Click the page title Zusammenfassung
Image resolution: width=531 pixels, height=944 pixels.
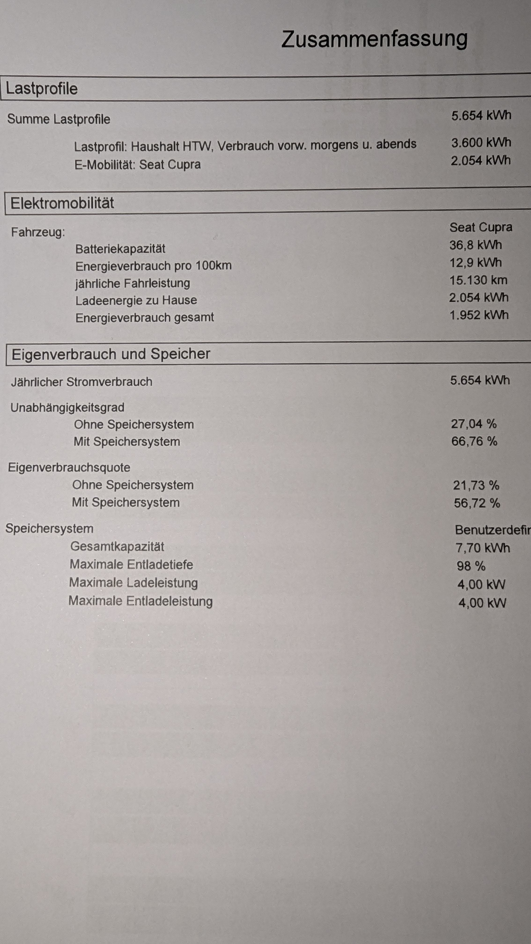click(374, 40)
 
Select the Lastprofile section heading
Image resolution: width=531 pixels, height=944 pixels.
click(42, 89)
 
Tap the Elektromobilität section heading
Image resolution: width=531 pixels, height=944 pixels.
click(62, 203)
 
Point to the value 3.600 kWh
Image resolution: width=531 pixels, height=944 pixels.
click(481, 143)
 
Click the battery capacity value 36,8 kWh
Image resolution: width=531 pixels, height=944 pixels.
click(475, 245)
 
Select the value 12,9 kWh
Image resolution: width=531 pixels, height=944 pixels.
click(475, 263)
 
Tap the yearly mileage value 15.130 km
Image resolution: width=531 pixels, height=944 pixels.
click(478, 280)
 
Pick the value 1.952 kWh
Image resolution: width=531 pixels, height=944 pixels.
click(479, 315)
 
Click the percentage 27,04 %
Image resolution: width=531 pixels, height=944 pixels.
click(473, 424)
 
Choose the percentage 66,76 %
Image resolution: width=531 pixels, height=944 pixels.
click(474, 441)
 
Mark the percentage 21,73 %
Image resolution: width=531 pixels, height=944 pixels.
click(476, 486)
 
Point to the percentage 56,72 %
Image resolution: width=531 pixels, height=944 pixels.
click(477, 503)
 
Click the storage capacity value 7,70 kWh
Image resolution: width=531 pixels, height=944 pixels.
click(482, 548)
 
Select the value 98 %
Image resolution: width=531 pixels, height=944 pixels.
click(471, 566)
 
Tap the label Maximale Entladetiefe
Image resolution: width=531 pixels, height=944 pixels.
click(131, 564)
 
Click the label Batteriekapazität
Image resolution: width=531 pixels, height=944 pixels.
click(120, 249)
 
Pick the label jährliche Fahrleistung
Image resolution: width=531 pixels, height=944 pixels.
click(133, 283)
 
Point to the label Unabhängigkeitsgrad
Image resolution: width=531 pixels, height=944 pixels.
click(67, 408)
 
